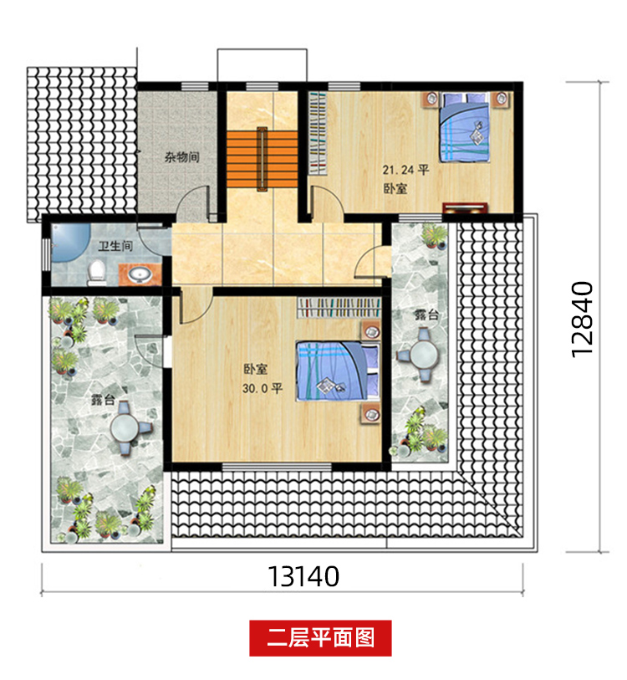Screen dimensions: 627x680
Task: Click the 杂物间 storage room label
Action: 181,156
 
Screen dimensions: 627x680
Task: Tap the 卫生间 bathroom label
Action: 115,246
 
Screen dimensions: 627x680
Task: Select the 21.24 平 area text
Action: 405,170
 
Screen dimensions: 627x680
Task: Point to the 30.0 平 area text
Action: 263,388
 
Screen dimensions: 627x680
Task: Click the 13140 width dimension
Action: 303,576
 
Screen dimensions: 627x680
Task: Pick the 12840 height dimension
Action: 582,320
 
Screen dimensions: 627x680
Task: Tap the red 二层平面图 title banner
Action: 320,638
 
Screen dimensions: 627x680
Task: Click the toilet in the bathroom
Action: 96,273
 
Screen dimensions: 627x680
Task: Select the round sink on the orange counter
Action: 139,274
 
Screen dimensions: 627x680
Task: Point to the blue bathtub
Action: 69,243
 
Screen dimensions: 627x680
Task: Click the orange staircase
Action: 262,159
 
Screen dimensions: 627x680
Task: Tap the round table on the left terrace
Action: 125,428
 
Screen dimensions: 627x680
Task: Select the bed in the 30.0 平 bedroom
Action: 338,371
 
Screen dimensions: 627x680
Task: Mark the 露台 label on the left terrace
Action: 103,400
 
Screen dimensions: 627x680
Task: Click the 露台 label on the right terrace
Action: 426,314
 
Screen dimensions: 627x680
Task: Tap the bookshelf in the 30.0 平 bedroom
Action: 339,308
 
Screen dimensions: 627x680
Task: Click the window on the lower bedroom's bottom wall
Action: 277,467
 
